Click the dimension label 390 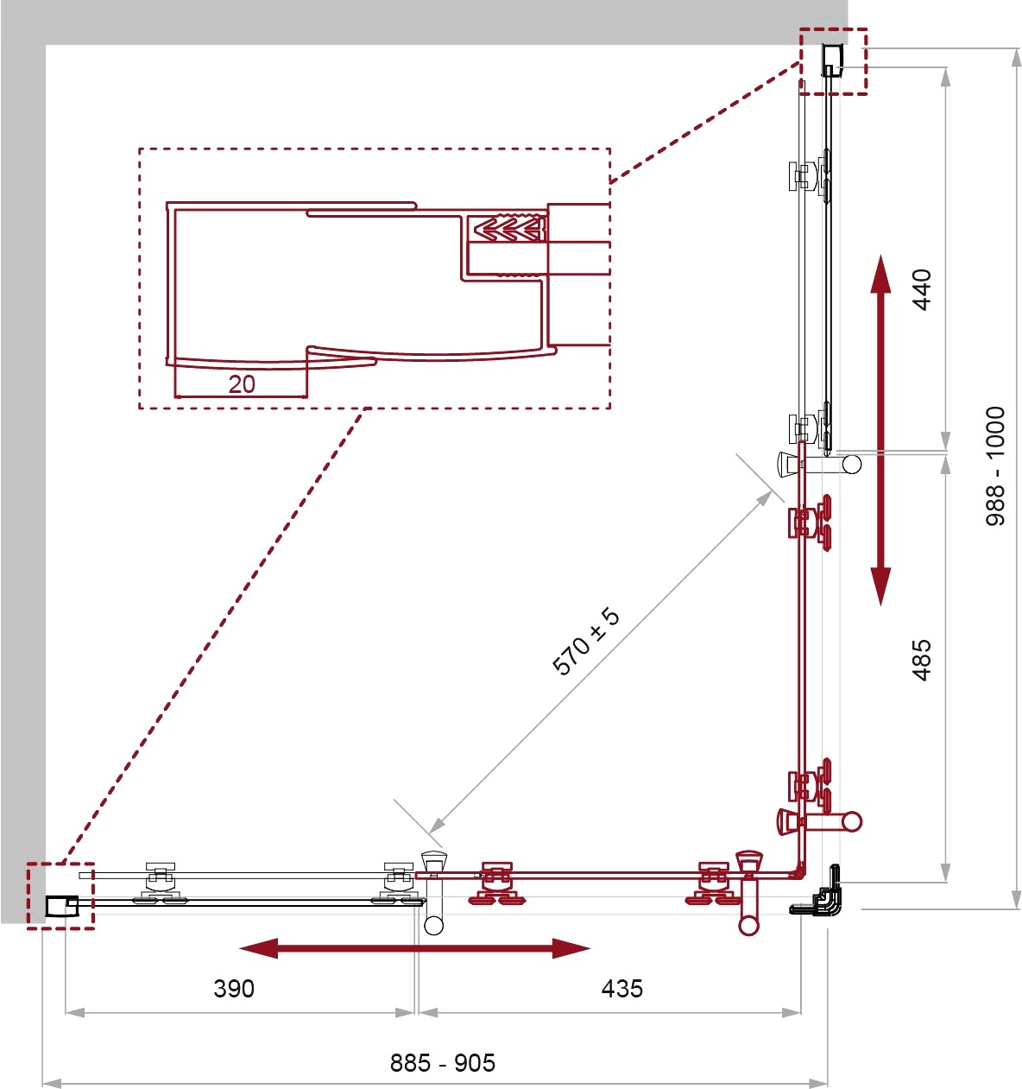(x=234, y=989)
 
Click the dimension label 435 (x=621, y=989)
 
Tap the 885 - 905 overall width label (x=443, y=1063)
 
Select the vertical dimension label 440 (x=922, y=290)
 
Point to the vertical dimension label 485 (x=922, y=660)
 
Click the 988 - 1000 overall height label (x=995, y=466)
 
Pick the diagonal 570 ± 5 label (x=585, y=642)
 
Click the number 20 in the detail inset (x=242, y=384)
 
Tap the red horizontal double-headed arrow (x=415, y=948)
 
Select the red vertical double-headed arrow (x=880, y=430)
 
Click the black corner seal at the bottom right (x=819, y=892)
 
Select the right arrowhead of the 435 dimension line (x=792, y=1012)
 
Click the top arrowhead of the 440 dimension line (x=945, y=78)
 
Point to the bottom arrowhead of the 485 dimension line (x=945, y=872)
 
